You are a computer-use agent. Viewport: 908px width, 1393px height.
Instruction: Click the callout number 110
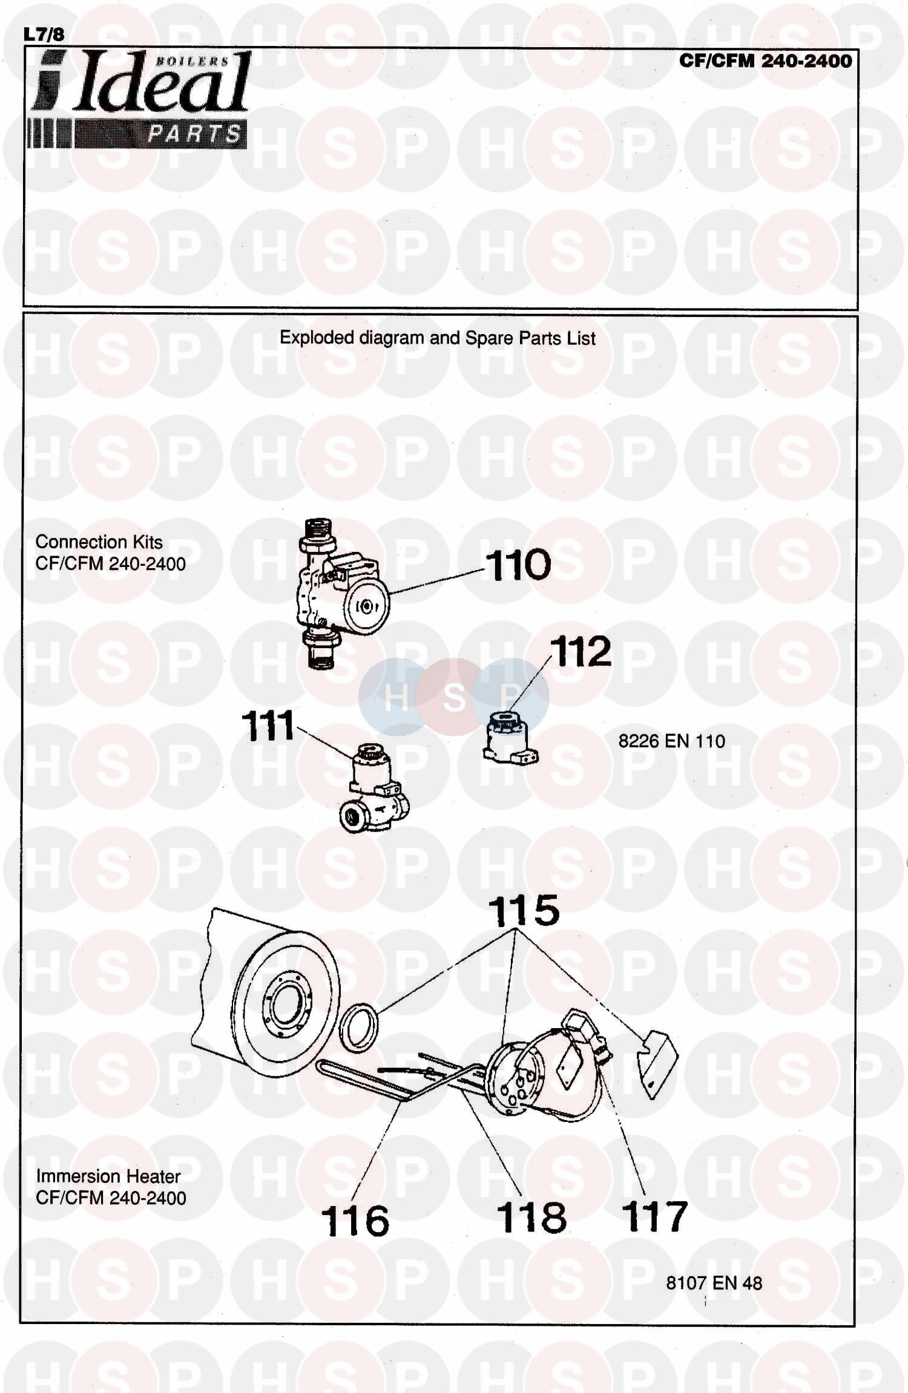[518, 565]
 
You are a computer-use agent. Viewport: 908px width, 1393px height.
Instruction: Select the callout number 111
[268, 726]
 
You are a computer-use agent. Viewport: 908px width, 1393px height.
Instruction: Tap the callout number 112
[581, 652]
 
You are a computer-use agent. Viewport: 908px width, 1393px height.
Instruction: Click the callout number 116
[355, 1221]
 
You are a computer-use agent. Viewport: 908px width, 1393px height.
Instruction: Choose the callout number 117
[654, 1217]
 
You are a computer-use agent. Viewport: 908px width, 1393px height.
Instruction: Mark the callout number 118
[531, 1218]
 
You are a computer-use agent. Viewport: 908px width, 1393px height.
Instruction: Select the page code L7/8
[44, 34]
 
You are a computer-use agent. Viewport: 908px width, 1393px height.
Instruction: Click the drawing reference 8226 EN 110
[671, 741]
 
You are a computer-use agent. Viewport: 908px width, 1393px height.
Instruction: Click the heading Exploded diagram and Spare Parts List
[437, 338]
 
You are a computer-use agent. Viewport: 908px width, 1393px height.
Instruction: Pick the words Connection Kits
[99, 542]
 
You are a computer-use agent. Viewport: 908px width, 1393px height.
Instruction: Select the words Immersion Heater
[108, 1176]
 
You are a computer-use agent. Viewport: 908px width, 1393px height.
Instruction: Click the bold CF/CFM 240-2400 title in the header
[765, 61]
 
